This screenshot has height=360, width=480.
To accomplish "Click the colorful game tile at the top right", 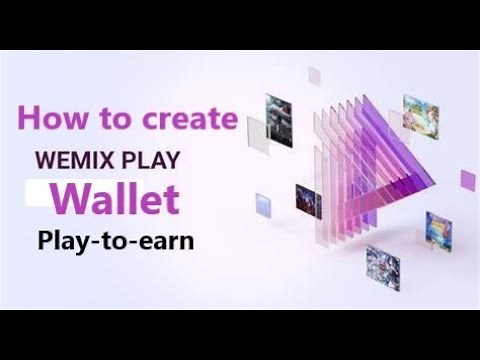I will coord(419,112).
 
